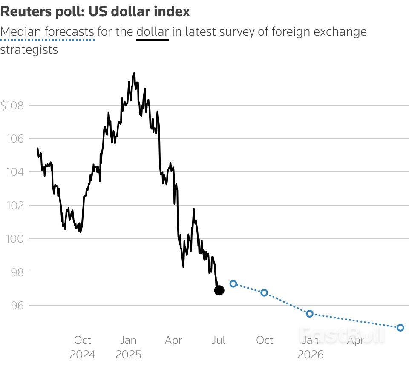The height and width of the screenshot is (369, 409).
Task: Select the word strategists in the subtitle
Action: pyautogui.click(x=29, y=49)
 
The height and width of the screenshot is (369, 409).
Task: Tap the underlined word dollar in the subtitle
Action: pyautogui.click(x=153, y=32)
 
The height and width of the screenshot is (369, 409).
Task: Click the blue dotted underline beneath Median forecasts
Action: pyautogui.click(x=47, y=40)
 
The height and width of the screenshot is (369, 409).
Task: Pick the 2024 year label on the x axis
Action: pyautogui.click(x=83, y=355)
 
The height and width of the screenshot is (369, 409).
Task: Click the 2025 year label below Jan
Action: pyautogui.click(x=128, y=355)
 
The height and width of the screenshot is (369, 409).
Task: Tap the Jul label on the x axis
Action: pyautogui.click(x=219, y=340)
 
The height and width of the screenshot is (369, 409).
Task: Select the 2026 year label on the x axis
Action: pyautogui.click(x=311, y=355)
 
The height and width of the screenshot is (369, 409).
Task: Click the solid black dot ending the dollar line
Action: pyautogui.click(x=219, y=290)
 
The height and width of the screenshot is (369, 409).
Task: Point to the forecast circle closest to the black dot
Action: pyautogui.click(x=233, y=283)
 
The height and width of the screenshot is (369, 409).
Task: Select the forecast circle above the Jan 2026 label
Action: pyautogui.click(x=310, y=314)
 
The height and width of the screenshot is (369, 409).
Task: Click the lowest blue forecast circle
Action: pyautogui.click(x=400, y=328)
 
